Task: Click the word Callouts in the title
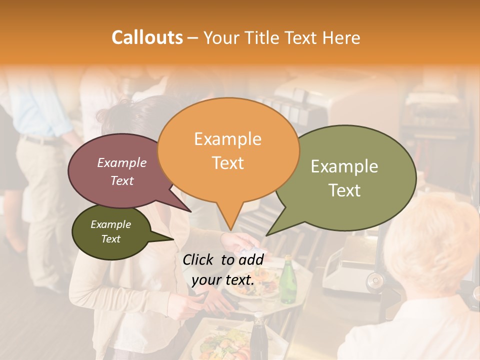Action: click(x=147, y=38)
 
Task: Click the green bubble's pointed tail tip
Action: click(x=267, y=235)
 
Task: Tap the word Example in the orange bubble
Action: click(x=227, y=139)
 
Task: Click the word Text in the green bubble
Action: click(x=344, y=190)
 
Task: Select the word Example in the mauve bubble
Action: click(x=121, y=163)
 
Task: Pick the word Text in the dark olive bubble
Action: click(x=111, y=239)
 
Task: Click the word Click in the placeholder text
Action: click(x=199, y=259)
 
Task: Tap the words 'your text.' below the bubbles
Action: click(x=223, y=280)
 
